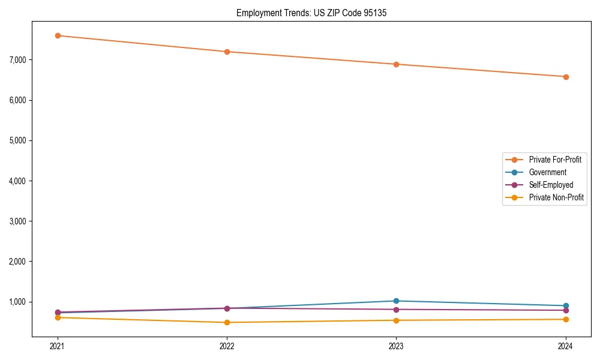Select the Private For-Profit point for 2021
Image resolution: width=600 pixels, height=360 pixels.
click(58, 35)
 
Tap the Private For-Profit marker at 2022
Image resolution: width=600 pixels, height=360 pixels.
click(227, 52)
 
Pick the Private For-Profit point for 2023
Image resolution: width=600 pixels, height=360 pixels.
click(396, 64)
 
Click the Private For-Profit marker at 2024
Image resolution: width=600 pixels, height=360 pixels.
click(566, 77)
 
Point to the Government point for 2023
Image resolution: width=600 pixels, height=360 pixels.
click(396, 301)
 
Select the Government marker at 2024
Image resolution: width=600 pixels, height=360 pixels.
click(566, 306)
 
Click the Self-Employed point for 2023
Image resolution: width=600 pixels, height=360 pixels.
click(396, 310)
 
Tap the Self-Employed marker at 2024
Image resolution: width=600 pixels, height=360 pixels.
click(566, 310)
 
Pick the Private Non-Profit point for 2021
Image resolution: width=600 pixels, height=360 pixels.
click(58, 317)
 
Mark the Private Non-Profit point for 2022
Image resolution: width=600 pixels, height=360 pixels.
click(227, 322)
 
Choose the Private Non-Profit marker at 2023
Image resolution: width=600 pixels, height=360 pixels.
click(396, 320)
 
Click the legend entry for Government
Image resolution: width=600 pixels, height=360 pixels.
click(547, 172)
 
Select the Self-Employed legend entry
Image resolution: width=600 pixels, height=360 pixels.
click(551, 185)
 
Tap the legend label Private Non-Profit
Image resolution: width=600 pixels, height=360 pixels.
click(556, 197)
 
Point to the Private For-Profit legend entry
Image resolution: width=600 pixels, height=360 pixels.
click(555, 160)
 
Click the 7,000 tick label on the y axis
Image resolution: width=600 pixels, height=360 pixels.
click(18, 60)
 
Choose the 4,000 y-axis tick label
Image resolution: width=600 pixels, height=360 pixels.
click(18, 181)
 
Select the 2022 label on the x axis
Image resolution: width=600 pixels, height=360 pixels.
click(227, 346)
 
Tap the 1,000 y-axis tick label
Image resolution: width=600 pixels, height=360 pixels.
click(18, 302)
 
